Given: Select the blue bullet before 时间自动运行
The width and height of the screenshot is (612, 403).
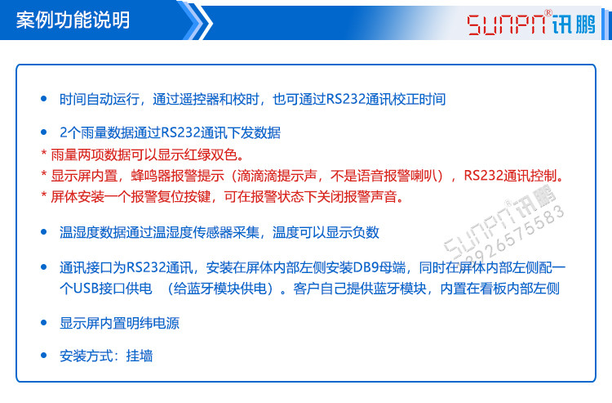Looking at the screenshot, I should click(44, 98).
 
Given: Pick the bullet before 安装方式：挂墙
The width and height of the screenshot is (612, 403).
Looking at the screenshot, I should click(44, 356).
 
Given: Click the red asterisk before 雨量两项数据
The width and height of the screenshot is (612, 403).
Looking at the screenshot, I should click(44, 154).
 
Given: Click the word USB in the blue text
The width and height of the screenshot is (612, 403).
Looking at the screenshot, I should click(86, 289).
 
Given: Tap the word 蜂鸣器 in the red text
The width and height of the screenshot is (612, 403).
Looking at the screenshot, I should click(149, 176).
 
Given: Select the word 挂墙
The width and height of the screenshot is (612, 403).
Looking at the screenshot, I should click(140, 356).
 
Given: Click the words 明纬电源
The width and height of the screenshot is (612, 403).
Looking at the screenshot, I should click(153, 323).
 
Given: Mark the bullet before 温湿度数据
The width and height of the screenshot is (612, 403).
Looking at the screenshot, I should click(44, 232).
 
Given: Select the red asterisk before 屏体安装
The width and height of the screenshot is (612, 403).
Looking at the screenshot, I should click(44, 197).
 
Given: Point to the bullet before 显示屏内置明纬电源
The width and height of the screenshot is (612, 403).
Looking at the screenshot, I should click(44, 323).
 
